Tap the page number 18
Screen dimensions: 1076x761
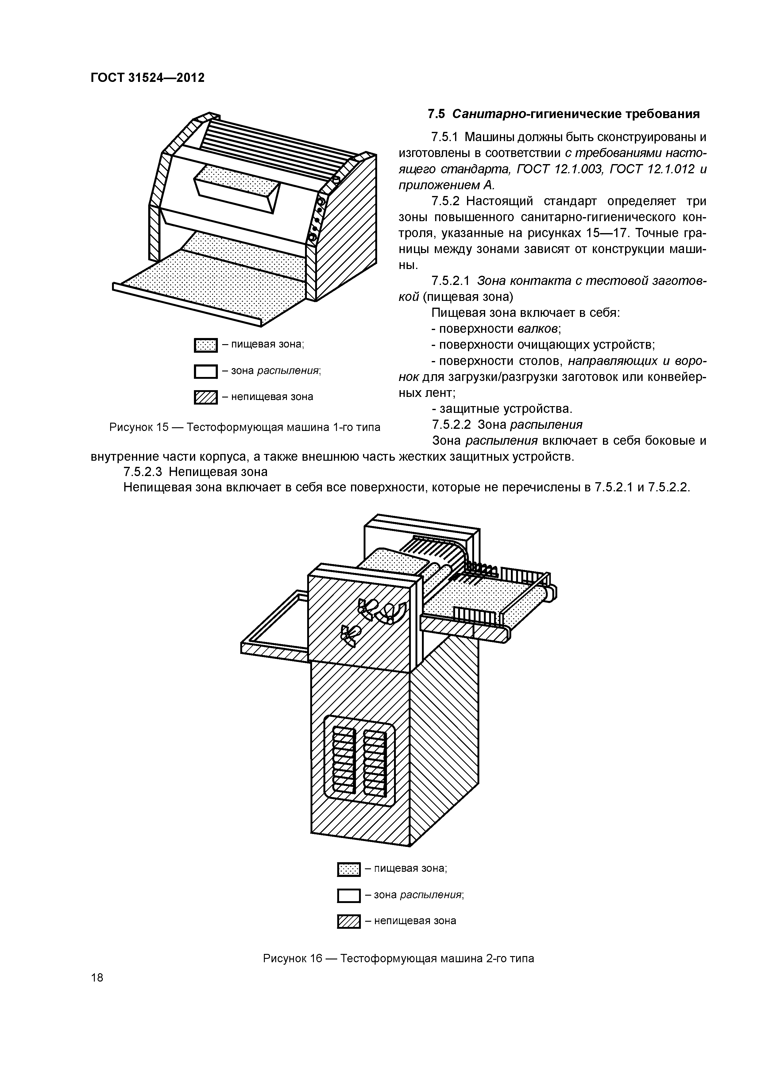tap(97, 977)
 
